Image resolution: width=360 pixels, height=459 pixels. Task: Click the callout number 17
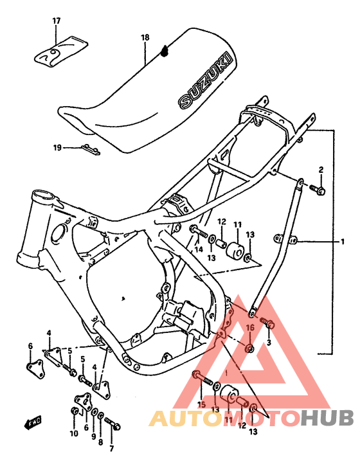pyautogui.click(x=56, y=22)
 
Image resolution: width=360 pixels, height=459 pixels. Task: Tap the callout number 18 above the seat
pyautogui.click(x=145, y=38)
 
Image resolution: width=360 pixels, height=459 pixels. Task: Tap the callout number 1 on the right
pyautogui.click(x=343, y=242)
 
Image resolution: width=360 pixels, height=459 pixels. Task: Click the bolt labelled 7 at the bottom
pyautogui.click(x=114, y=424)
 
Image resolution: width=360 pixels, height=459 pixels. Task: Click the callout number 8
pyautogui.click(x=100, y=443)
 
